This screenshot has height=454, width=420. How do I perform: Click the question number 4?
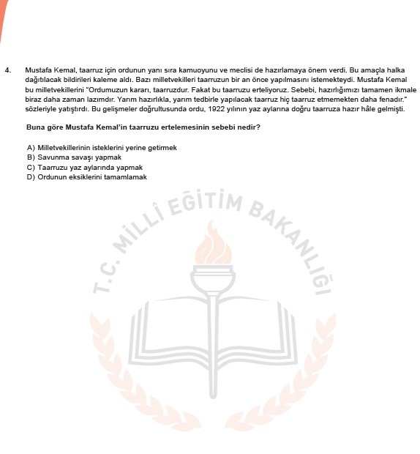(x=7, y=70)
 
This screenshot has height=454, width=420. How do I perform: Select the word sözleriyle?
(x=40, y=109)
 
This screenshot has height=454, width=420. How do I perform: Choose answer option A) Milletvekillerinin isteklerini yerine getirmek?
(x=102, y=148)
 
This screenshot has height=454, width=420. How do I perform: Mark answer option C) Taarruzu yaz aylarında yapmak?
(x=84, y=167)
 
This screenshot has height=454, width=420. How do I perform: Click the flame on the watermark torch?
(x=211, y=245)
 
